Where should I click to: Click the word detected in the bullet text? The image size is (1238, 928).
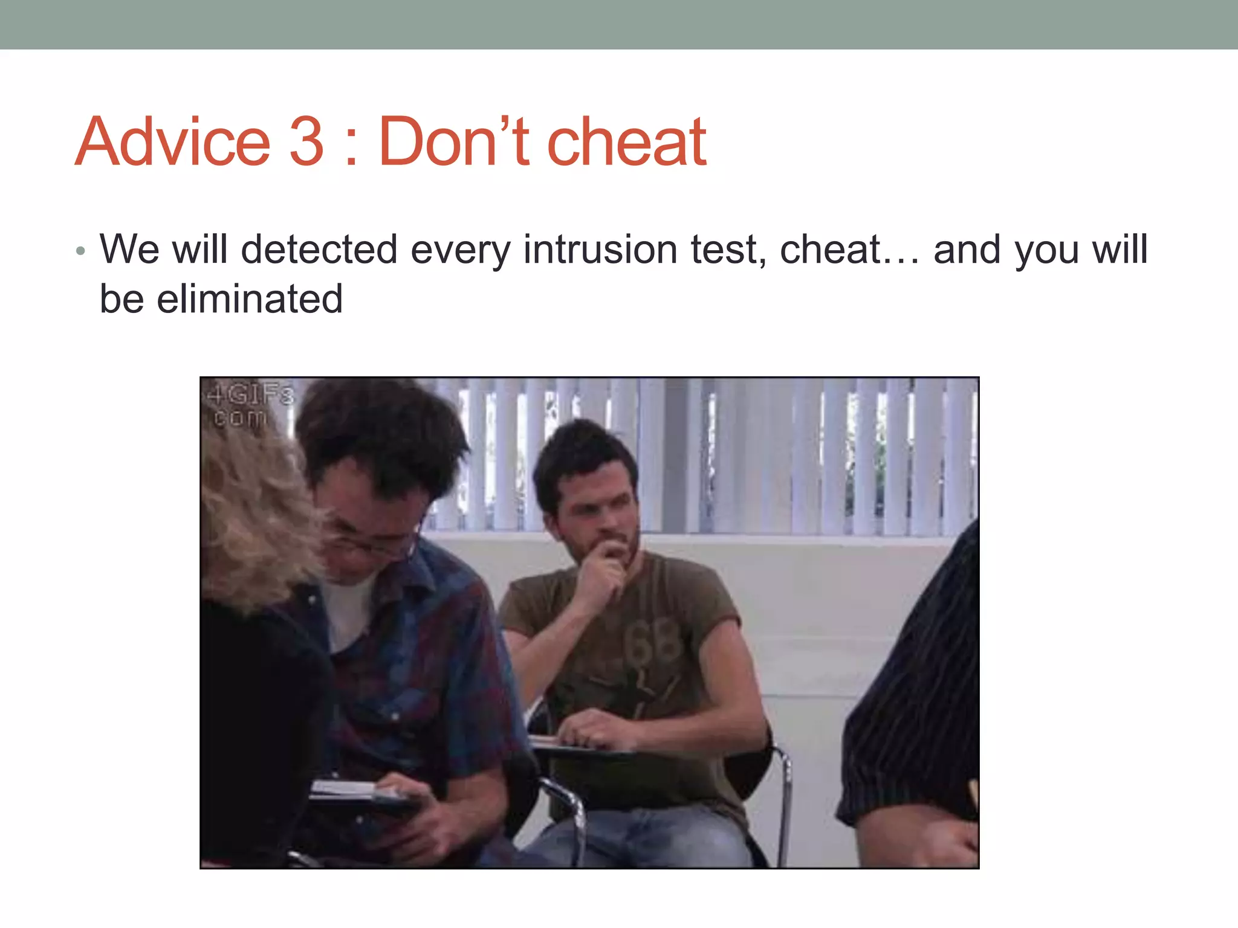[x=319, y=250]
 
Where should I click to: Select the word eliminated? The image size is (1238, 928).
[x=250, y=299]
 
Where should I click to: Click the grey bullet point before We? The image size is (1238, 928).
[x=80, y=251]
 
